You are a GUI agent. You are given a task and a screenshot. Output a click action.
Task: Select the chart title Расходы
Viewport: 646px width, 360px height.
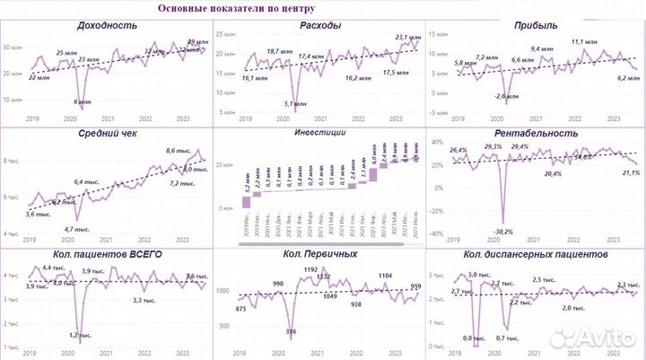coord(320,25)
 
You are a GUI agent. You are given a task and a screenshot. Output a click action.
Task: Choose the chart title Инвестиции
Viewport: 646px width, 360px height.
coord(320,133)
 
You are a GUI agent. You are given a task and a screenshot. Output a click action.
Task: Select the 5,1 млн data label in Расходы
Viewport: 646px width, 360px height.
coord(292,104)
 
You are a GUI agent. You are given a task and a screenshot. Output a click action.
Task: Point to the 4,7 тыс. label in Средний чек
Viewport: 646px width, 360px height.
coord(82,229)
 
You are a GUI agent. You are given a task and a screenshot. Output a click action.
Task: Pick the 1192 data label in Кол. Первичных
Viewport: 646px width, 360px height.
coord(311,269)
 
